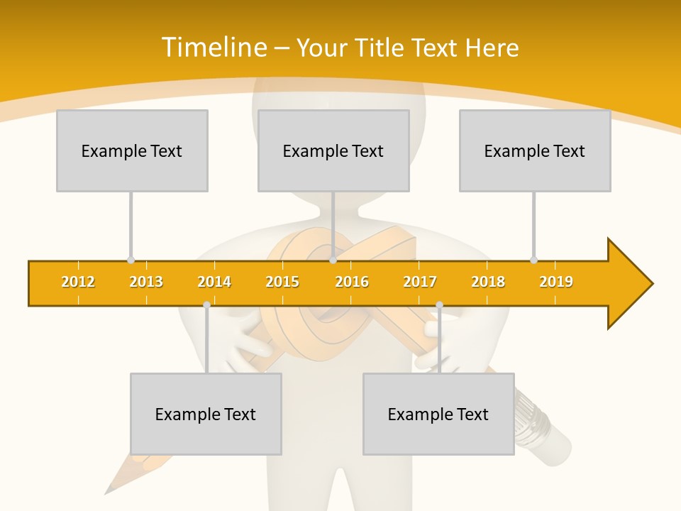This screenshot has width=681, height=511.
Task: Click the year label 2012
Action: pos(78,282)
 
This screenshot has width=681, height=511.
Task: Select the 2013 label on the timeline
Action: pos(146,282)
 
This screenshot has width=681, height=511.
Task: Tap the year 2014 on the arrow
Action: pos(214,282)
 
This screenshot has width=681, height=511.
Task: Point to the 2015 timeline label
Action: pos(282,282)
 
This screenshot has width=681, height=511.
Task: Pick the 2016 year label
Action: pos(352,282)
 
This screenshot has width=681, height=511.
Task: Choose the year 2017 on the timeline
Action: pos(420,282)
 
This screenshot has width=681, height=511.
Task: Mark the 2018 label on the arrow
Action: pos(488,282)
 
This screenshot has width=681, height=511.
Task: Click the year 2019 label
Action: pos(556,282)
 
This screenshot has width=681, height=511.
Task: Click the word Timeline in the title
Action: pos(214,48)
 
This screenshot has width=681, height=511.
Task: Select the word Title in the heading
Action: pos(380,48)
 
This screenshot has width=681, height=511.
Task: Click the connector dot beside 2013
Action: pos(131,260)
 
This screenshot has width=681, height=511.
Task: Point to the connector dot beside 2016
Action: pos(333,260)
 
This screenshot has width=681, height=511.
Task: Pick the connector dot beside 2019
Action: pos(533,260)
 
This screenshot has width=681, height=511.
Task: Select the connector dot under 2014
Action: pos(206,304)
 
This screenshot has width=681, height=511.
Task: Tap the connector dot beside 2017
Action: pos(439,304)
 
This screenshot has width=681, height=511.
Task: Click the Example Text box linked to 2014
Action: pos(206,414)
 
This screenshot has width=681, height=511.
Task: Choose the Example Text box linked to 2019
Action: pos(535,150)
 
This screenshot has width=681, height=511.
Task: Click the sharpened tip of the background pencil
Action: pos(109,491)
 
